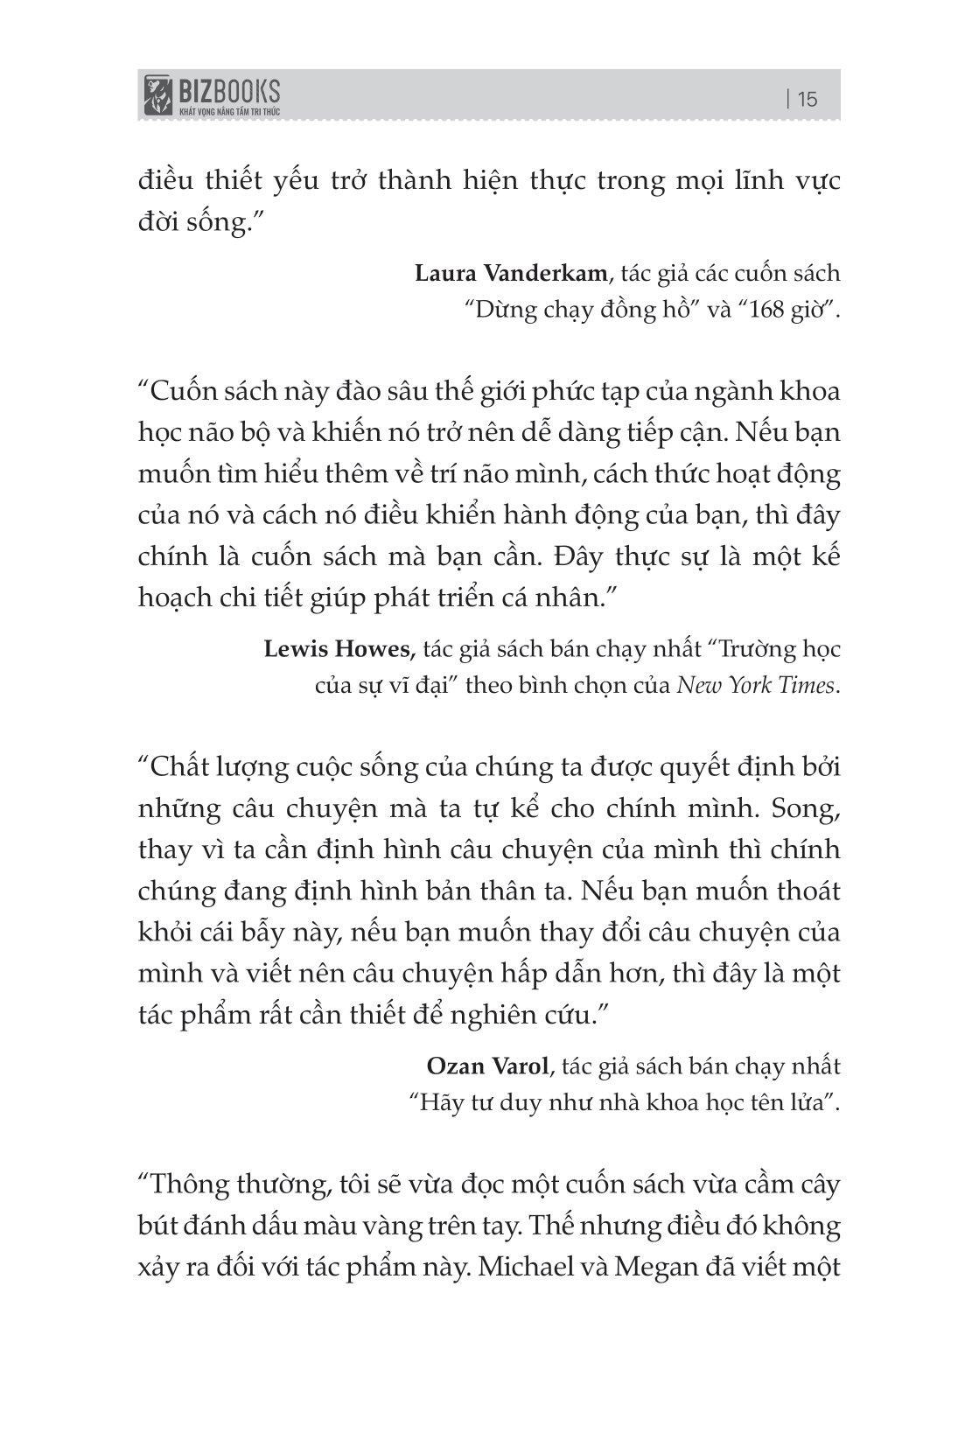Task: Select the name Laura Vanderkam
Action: pos(511,273)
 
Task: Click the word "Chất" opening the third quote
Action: pos(180,767)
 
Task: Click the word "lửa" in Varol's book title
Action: pos(815,1102)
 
